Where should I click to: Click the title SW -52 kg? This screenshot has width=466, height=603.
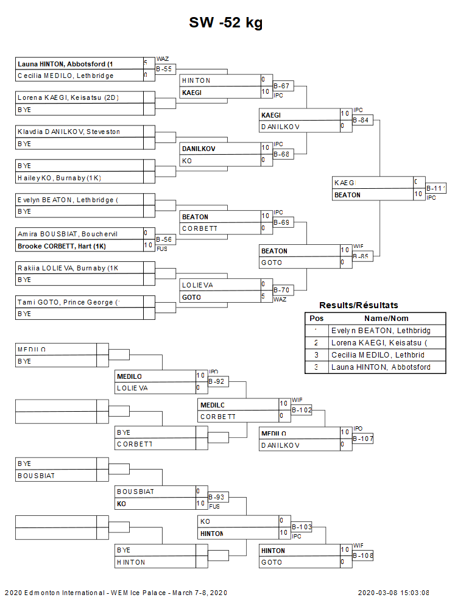coord(225,23)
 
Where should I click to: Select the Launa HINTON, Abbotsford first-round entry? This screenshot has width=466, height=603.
coord(66,64)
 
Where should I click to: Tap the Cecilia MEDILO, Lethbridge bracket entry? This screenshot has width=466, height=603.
coord(65,76)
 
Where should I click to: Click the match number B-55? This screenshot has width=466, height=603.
coord(165,69)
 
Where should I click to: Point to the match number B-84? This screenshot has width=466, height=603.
coord(361,120)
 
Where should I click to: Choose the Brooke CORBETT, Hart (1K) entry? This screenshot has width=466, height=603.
coord(62,245)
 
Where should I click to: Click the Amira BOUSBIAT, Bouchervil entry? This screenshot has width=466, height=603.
coord(67,233)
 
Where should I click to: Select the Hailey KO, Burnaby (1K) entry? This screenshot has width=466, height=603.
coord(59,177)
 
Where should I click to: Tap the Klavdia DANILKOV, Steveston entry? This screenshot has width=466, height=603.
coord(68,132)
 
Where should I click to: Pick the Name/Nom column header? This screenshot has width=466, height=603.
coord(386,319)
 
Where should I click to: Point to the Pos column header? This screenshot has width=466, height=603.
coord(316,319)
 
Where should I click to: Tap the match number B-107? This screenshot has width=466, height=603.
coord(363,439)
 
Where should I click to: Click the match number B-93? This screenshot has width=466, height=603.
coord(216,497)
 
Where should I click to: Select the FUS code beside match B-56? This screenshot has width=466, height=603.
coord(162,249)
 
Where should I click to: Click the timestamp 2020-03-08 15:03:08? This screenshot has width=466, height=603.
coord(393,592)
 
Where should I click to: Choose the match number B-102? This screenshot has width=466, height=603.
coord(302,411)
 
